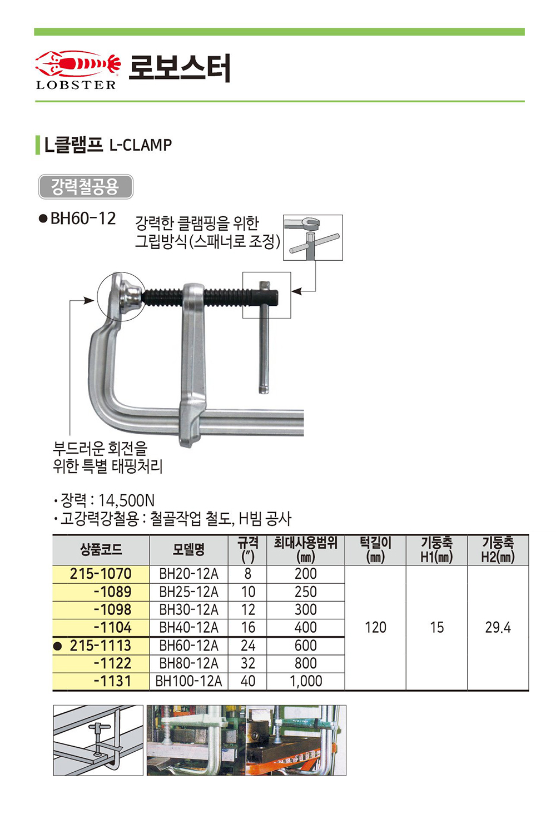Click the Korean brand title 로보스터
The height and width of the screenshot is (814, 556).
(x=180, y=68)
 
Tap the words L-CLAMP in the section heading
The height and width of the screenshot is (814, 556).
(x=140, y=145)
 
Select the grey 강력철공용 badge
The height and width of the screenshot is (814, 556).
(x=86, y=187)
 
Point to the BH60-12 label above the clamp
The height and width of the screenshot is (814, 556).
(x=83, y=219)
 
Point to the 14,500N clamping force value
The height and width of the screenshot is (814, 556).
(x=127, y=500)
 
